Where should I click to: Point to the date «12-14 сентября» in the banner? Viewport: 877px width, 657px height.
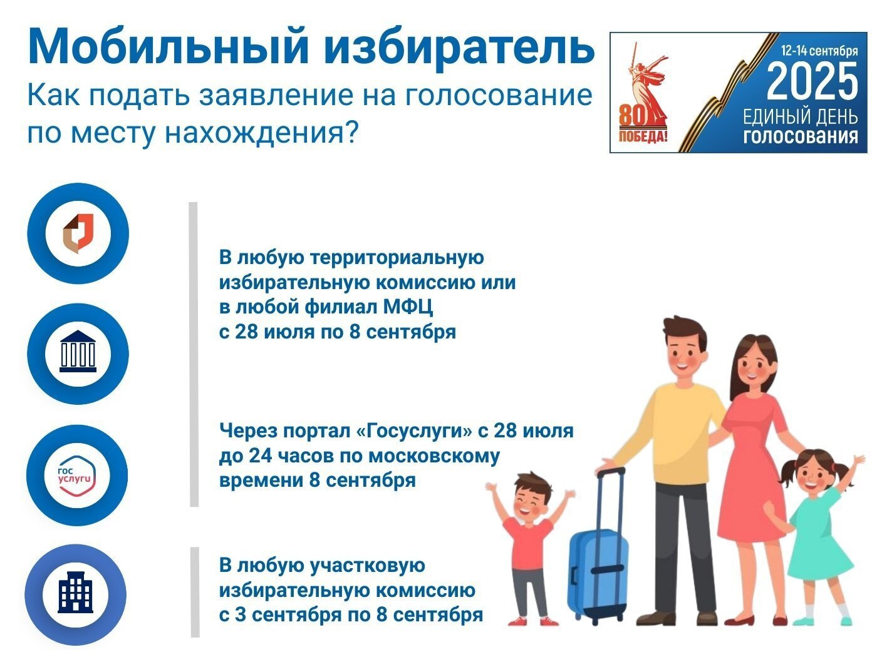pos(819,51)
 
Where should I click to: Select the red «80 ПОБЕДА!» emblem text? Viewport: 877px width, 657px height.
pos(643,125)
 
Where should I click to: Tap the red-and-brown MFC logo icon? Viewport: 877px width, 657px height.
pos(78,233)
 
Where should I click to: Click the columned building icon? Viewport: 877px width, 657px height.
pos(78,351)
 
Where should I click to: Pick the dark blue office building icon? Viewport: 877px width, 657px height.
pos(76,592)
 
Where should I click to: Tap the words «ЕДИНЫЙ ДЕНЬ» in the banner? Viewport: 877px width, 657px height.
pos(801,118)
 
